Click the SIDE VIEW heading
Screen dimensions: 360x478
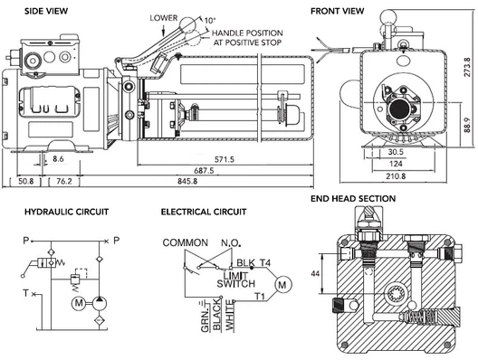(x=25, y=11)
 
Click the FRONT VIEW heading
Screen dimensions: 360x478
(x=338, y=11)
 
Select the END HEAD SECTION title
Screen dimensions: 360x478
(x=353, y=198)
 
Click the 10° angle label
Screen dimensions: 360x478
(x=211, y=19)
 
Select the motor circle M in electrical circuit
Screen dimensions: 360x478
(x=282, y=285)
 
